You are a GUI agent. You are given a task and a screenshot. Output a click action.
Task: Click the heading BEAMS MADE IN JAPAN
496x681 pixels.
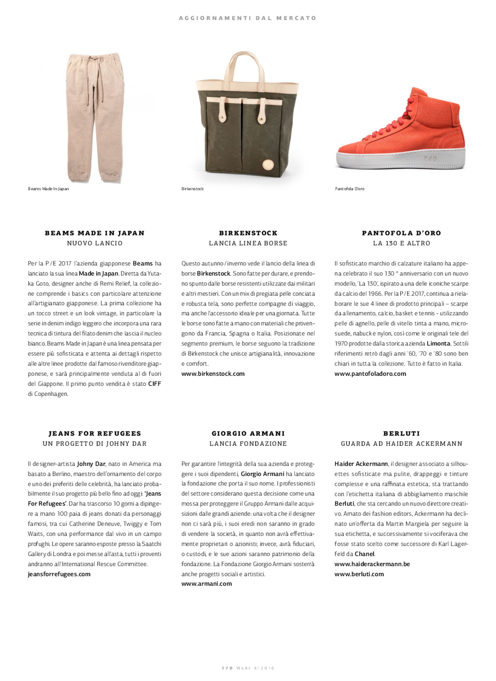pyautogui.click(x=95, y=233)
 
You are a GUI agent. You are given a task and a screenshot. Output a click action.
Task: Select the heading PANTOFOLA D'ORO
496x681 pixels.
pyautogui.click(x=401, y=233)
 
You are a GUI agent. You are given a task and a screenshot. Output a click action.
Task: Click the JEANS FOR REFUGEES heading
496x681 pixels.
pyautogui.click(x=95, y=434)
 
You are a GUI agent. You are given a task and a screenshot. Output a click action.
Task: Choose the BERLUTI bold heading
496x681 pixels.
pyautogui.click(x=401, y=434)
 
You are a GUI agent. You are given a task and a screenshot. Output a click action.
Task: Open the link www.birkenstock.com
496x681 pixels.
pyautogui.click(x=213, y=374)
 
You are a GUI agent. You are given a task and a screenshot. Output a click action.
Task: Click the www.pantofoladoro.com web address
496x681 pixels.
pyautogui.click(x=370, y=374)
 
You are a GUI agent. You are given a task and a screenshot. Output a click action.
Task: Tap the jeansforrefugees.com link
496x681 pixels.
pyautogui.click(x=59, y=574)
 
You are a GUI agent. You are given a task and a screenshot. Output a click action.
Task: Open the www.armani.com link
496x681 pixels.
pyautogui.click(x=207, y=584)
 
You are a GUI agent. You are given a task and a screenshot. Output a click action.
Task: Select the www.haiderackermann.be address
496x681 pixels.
pyautogui.click(x=372, y=564)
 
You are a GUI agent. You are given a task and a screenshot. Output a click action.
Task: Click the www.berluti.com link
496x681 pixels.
pyautogui.click(x=359, y=574)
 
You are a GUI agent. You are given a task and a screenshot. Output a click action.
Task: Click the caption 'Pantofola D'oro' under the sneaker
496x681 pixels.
pyautogui.click(x=349, y=189)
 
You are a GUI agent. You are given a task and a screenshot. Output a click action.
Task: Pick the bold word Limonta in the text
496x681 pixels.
pyautogui.click(x=438, y=343)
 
